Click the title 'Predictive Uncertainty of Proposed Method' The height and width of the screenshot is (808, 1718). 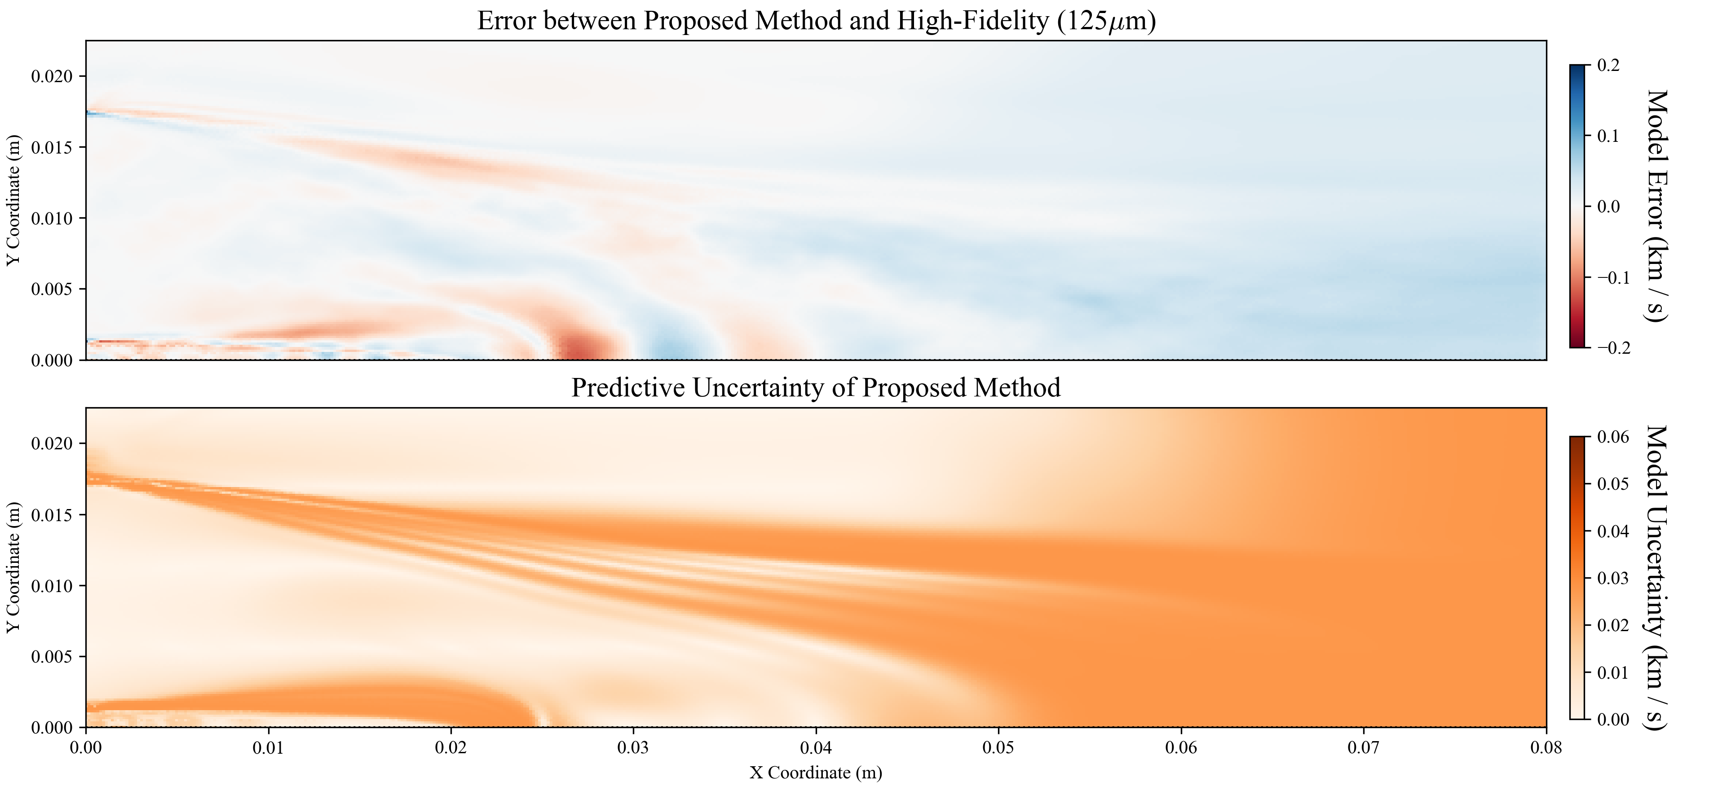(x=816, y=388)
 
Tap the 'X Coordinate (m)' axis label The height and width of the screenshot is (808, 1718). (x=816, y=773)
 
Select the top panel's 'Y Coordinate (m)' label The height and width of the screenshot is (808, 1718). (x=13, y=200)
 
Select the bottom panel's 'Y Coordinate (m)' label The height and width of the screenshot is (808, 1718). (x=13, y=567)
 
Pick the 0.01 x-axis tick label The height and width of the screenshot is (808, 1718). (x=268, y=748)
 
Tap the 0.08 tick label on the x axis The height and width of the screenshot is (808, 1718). (x=1546, y=748)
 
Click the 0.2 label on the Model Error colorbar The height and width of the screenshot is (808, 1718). (x=1608, y=66)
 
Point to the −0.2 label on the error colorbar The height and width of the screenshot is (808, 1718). (x=1613, y=348)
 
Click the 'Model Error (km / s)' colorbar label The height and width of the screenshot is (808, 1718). (x=1658, y=206)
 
